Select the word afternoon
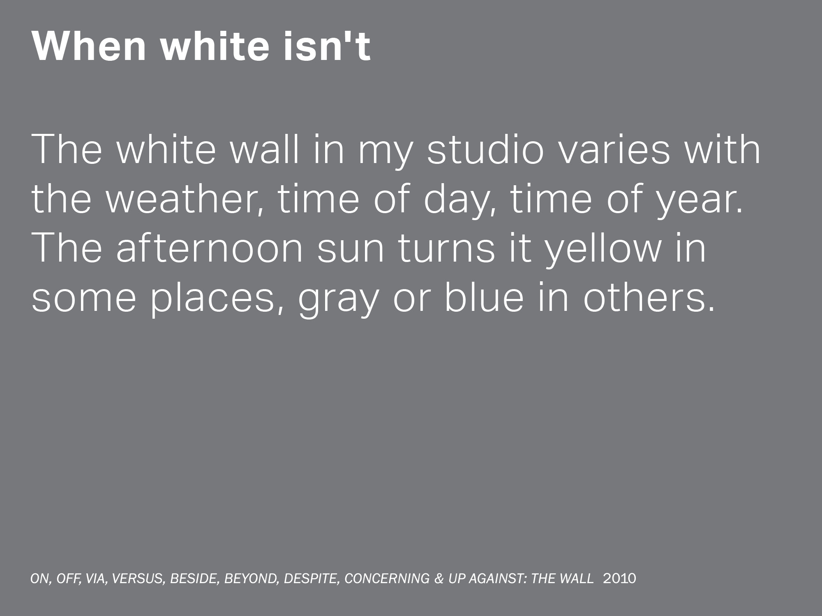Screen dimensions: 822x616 coord(210,248)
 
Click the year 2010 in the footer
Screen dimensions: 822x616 coord(619,578)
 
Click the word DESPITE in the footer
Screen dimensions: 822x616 coord(312,579)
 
